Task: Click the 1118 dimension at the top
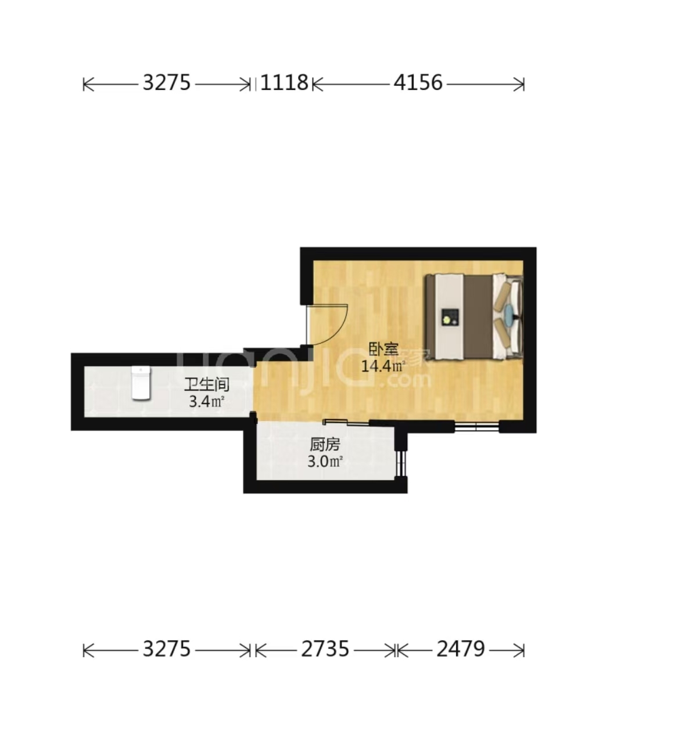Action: point(284,82)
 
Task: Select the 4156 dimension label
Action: point(418,82)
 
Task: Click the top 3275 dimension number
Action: point(167,82)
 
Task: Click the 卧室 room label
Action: point(383,350)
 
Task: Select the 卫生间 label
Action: point(207,384)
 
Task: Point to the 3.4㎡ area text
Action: point(207,402)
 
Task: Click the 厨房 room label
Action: point(325,445)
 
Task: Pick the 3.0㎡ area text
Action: point(325,462)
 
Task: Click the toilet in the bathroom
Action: point(141,383)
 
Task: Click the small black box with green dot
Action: point(450,318)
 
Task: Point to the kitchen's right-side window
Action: point(400,464)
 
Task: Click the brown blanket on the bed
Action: point(478,317)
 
